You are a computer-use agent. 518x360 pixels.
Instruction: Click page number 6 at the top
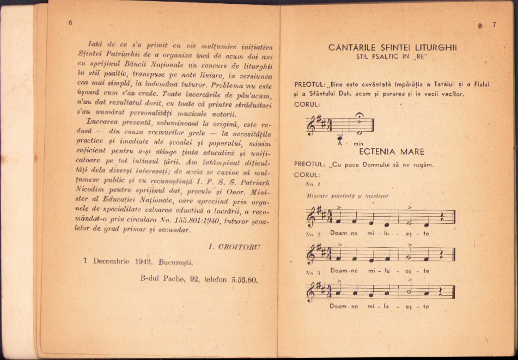70,22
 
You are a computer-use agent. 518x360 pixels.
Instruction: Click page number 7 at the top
493,25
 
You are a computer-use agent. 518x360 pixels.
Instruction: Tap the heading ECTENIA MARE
399,151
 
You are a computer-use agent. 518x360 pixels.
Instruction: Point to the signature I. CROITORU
234,247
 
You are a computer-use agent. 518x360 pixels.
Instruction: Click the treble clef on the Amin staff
312,125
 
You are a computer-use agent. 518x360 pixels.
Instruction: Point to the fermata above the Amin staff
359,114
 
